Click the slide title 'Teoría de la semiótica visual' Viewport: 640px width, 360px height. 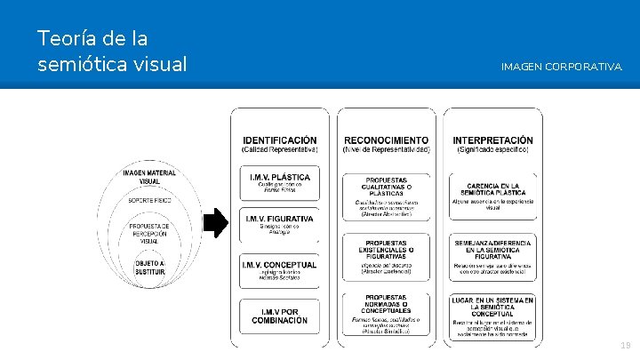click(112, 52)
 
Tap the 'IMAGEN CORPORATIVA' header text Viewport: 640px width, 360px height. click(561, 67)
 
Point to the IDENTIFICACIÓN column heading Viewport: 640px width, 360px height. click(279, 144)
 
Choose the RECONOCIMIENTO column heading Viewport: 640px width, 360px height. click(386, 144)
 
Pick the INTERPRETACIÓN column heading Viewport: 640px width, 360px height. click(493, 144)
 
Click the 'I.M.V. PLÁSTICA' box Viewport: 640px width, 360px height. click(279, 184)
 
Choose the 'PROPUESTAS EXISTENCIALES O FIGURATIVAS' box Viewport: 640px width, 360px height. click(386, 258)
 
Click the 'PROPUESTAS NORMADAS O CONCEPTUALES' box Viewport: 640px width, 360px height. click(386, 313)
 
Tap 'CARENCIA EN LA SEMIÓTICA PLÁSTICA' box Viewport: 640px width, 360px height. click(493, 194)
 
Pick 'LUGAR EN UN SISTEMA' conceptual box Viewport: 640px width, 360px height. click(493, 313)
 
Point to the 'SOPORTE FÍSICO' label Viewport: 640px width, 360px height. click(149, 201)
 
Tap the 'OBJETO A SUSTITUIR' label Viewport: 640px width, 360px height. click(149, 268)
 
